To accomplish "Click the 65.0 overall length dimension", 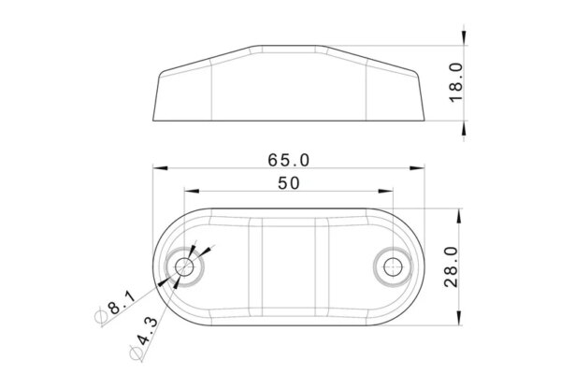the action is coord(288,160).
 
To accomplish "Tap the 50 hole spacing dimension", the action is coord(289,183).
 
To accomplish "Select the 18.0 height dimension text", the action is coord(456,82).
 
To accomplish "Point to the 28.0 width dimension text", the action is coord(452,266).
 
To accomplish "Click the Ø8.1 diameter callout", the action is coord(115,308).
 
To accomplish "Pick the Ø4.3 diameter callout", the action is coord(143,338).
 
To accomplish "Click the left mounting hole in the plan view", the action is coord(184,266).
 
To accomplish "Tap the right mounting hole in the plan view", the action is coord(393,266).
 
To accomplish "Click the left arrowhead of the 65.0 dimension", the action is coord(160,168).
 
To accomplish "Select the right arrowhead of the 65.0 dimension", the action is coord(417,168).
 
